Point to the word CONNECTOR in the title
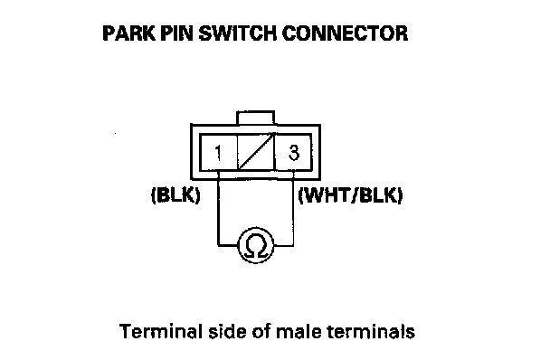[x=345, y=33]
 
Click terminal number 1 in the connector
[x=218, y=153]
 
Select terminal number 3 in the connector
[x=294, y=153]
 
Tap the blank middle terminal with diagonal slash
[x=256, y=153]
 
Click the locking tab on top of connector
[x=255, y=118]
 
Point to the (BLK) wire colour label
[x=175, y=194]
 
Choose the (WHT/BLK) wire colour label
[x=350, y=194]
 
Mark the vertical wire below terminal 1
[x=218, y=208]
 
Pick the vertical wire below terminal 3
[x=293, y=208]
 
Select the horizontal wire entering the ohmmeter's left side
[x=228, y=245]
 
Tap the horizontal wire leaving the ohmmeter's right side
[x=283, y=245]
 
